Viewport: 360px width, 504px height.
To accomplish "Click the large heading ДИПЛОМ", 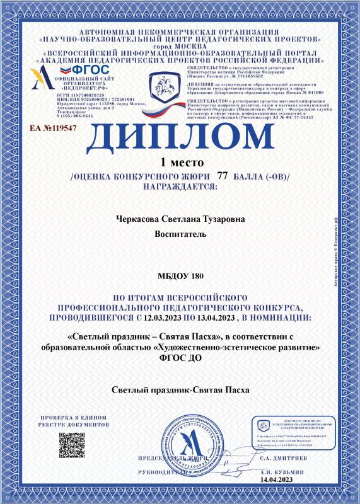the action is (180, 137).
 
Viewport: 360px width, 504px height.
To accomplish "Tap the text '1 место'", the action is (180, 163).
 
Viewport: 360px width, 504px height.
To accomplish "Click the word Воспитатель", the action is (180, 234).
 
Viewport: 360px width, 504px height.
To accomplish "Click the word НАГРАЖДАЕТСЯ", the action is (180, 186).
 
